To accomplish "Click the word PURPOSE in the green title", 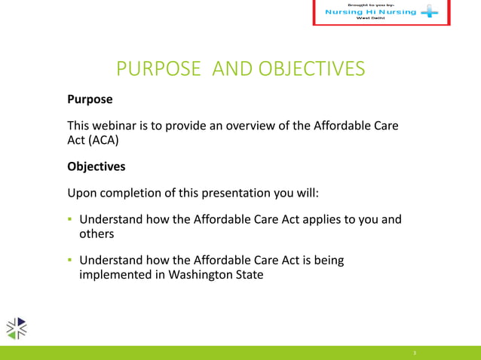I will pyautogui.click(x=158, y=70).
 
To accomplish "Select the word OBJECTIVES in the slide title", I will pyautogui.click(x=311, y=70).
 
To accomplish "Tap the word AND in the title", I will pyautogui.click(x=233, y=70).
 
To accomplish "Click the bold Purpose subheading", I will pyautogui.click(x=90, y=99).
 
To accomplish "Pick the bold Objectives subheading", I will pyautogui.click(x=97, y=166).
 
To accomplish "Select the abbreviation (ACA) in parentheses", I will pyautogui.click(x=103, y=140).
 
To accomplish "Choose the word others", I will pyautogui.click(x=97, y=234).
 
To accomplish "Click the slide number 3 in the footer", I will pyautogui.click(x=415, y=352).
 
